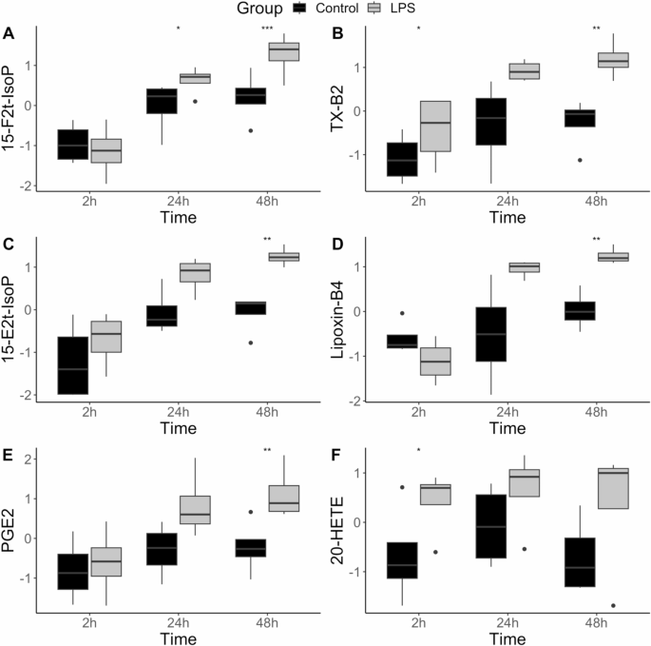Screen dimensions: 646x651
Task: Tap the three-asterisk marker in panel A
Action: coord(267,29)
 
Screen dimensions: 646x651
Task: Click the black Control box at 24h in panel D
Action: coord(490,334)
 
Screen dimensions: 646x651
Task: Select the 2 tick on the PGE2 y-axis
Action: coord(32,459)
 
